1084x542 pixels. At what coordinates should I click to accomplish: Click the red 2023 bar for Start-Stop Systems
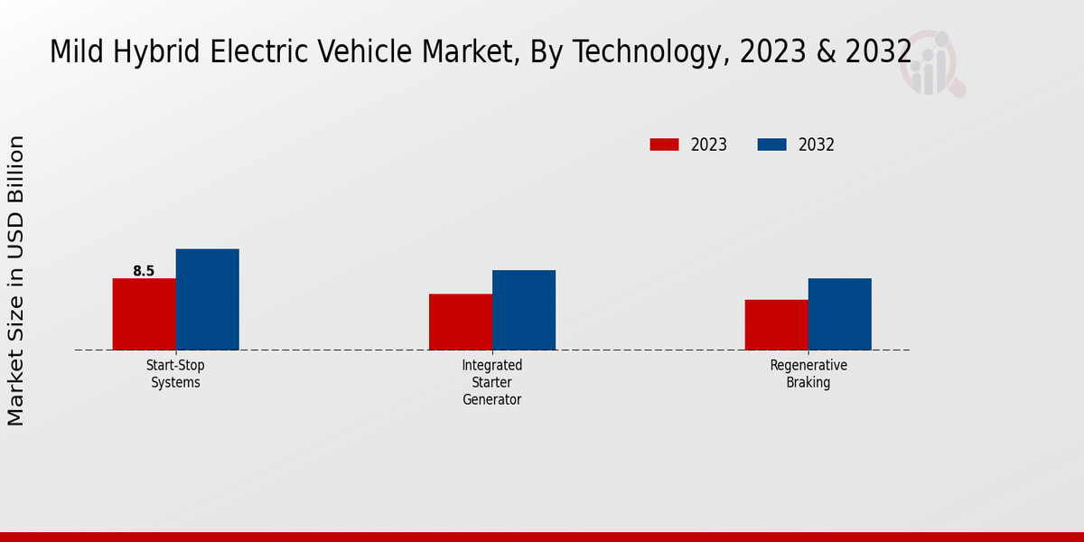(144, 313)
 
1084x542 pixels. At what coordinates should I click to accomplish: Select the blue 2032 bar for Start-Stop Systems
(207, 299)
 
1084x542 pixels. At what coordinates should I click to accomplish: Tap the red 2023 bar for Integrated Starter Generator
(460, 322)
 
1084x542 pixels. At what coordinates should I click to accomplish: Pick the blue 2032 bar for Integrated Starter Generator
(523, 310)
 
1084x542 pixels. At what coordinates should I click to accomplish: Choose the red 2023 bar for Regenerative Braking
(776, 324)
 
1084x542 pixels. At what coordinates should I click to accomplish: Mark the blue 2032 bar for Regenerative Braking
(839, 313)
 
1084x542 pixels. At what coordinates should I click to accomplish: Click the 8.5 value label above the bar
(144, 271)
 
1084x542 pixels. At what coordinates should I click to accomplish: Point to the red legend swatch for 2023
(664, 145)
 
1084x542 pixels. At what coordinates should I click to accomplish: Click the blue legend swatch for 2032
(771, 145)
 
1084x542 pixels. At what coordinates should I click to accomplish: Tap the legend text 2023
(709, 145)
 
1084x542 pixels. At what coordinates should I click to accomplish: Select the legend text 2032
(817, 145)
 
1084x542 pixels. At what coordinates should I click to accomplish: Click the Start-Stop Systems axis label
(176, 374)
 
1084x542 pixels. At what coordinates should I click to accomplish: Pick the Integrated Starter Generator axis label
(492, 382)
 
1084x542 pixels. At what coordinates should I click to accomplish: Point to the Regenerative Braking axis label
(808, 374)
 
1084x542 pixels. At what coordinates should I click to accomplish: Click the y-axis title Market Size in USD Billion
(16, 280)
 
